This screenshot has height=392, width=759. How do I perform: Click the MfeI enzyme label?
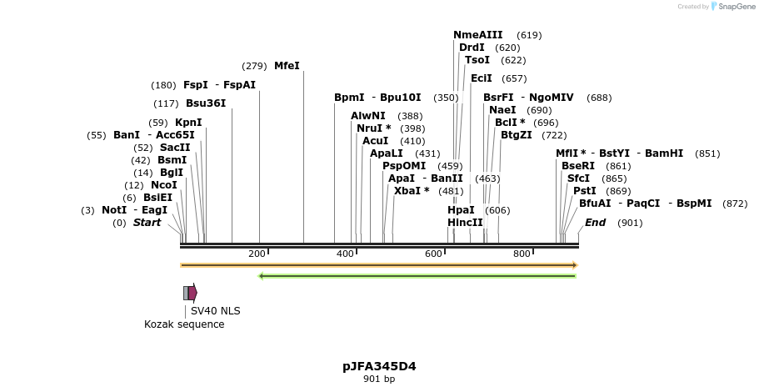point(287,66)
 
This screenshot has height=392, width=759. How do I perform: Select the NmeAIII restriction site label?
point(477,35)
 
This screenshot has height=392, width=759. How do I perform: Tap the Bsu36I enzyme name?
point(205,103)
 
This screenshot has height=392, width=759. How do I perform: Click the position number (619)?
point(529,35)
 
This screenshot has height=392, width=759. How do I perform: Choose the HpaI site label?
point(461,210)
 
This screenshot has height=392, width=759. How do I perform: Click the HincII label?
point(465,223)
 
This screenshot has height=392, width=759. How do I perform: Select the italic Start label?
point(147,223)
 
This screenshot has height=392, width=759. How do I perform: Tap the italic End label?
point(595,223)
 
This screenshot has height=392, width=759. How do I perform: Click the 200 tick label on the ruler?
point(257,254)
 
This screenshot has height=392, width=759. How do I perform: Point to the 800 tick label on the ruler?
point(522,254)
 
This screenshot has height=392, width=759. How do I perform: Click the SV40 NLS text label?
point(215,311)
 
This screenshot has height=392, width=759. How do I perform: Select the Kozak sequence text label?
point(184,324)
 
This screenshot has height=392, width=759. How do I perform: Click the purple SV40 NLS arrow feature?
point(192,293)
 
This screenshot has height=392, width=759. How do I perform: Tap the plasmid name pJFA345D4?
point(379,366)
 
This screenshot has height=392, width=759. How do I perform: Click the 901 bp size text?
point(379,379)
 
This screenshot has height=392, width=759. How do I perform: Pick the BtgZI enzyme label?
point(516,135)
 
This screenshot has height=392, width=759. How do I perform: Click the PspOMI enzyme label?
point(403,166)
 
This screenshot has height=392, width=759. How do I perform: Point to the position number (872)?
point(735,204)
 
